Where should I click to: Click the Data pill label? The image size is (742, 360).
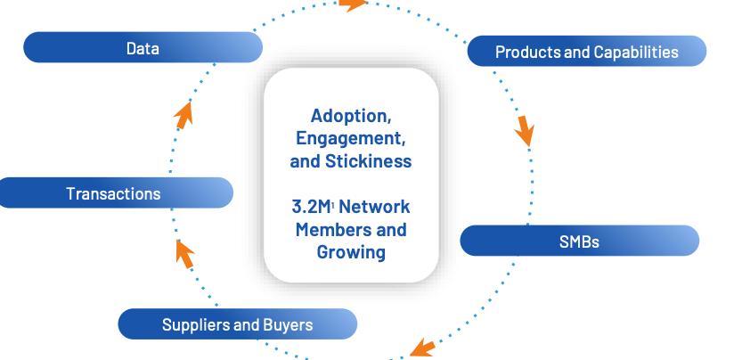(143, 48)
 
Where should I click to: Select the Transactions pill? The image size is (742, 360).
(113, 192)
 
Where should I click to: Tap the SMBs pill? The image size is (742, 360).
(578, 241)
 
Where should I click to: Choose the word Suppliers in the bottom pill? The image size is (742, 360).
(195, 324)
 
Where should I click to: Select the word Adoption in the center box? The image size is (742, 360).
(350, 116)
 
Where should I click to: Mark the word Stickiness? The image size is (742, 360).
(369, 161)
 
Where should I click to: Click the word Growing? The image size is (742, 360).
(351, 252)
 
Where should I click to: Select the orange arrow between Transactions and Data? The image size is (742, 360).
(184, 111)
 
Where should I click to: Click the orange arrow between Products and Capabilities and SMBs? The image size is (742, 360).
(525, 131)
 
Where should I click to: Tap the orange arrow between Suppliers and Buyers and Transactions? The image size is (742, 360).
(184, 253)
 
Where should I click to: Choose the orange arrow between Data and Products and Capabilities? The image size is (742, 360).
(354, 4)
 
